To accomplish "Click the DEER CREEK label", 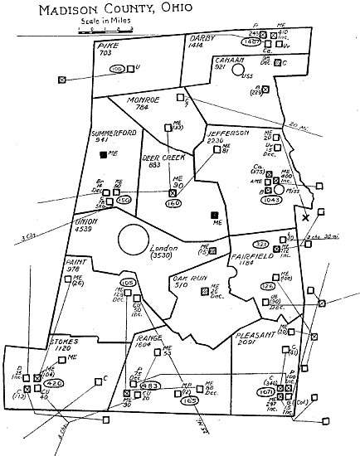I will click(x=162, y=155).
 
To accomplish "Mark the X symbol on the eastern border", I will click(x=306, y=217).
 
